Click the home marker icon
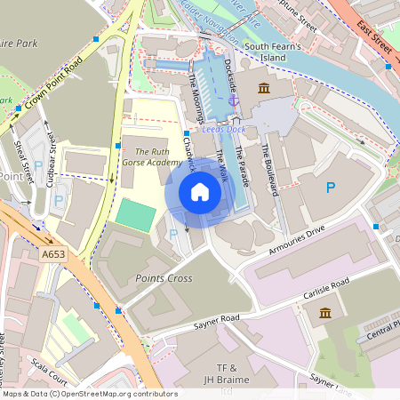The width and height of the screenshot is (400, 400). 200,191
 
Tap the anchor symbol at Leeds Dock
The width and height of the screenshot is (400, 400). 234,100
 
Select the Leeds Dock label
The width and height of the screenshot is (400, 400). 223,129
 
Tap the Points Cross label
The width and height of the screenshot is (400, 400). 164,278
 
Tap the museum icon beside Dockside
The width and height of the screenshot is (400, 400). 264,88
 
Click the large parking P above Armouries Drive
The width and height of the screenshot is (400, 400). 331,188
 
